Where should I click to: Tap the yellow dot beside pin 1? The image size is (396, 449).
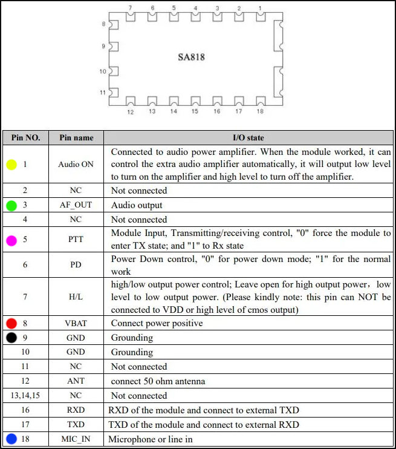(x=11, y=164)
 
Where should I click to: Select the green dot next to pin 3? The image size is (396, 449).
(x=11, y=205)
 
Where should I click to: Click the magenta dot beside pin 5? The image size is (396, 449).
(x=11, y=240)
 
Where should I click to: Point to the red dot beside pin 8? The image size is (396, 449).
(x=11, y=323)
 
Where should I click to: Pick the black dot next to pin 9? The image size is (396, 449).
(x=11, y=338)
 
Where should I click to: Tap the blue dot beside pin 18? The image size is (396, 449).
(x=11, y=439)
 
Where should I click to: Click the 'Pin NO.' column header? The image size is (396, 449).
(x=25, y=137)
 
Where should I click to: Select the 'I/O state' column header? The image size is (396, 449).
(x=248, y=137)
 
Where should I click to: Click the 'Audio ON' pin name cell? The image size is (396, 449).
(x=76, y=164)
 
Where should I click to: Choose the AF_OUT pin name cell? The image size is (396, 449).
(x=76, y=205)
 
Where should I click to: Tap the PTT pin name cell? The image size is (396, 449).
(x=76, y=240)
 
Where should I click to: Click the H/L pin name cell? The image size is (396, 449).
(x=76, y=297)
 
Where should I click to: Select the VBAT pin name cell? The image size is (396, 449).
(x=76, y=323)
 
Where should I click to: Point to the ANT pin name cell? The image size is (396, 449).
(x=76, y=381)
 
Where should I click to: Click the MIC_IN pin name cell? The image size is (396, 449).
(x=76, y=439)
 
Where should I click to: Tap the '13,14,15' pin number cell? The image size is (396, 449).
(x=25, y=396)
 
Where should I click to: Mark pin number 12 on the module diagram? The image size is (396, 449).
(x=130, y=112)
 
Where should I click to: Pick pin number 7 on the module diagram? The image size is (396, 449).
(x=130, y=8)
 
